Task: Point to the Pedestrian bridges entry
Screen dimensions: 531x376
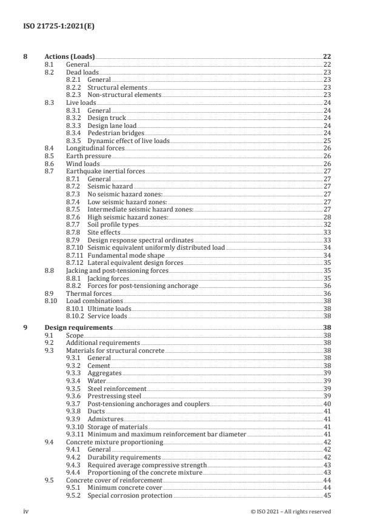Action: pos(116,133)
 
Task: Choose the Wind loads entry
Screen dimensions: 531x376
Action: pos(82,164)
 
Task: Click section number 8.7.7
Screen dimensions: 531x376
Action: pos(73,225)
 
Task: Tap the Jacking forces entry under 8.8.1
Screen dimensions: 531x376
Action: pos(108,278)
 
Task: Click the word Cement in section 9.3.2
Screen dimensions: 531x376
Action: pos(99,366)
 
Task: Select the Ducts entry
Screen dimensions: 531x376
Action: pos(96,412)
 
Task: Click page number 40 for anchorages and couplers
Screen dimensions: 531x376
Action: pos(327,404)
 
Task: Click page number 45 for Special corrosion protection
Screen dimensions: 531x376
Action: pos(327,496)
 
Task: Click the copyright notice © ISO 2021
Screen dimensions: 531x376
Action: pos(290,512)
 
